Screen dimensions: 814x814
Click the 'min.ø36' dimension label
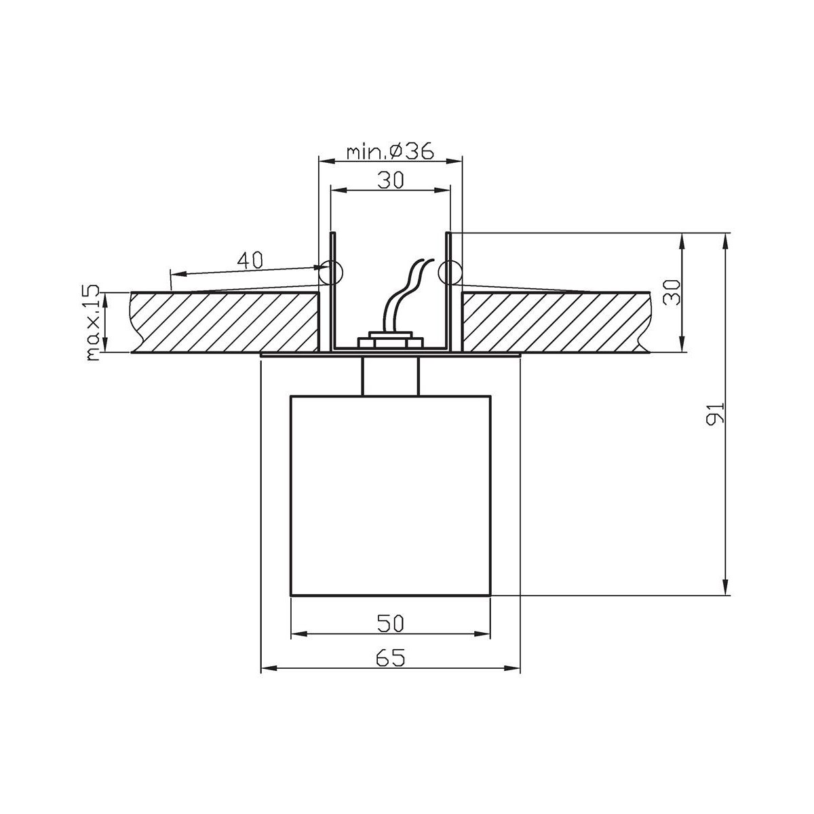[x=389, y=151]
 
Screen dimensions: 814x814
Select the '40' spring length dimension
[x=250, y=259]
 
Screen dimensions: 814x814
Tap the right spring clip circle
[x=449, y=273]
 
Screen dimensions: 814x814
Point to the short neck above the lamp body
[x=390, y=375]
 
